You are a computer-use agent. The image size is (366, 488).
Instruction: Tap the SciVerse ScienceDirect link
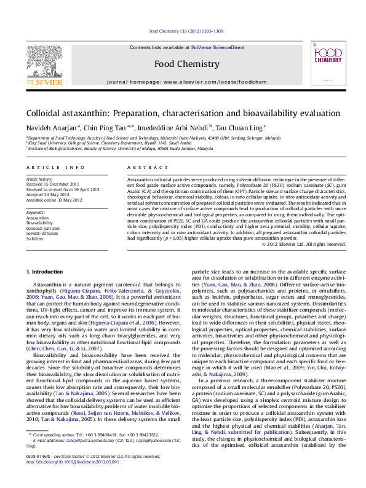[x=217, y=47]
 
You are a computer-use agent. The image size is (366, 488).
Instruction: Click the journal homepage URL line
[x=182, y=82]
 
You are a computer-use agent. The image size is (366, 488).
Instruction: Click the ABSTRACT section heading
[x=143, y=167]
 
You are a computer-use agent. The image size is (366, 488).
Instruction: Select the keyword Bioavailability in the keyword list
[x=39, y=223]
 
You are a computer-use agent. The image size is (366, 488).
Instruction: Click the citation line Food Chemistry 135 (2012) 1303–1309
[x=183, y=31]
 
